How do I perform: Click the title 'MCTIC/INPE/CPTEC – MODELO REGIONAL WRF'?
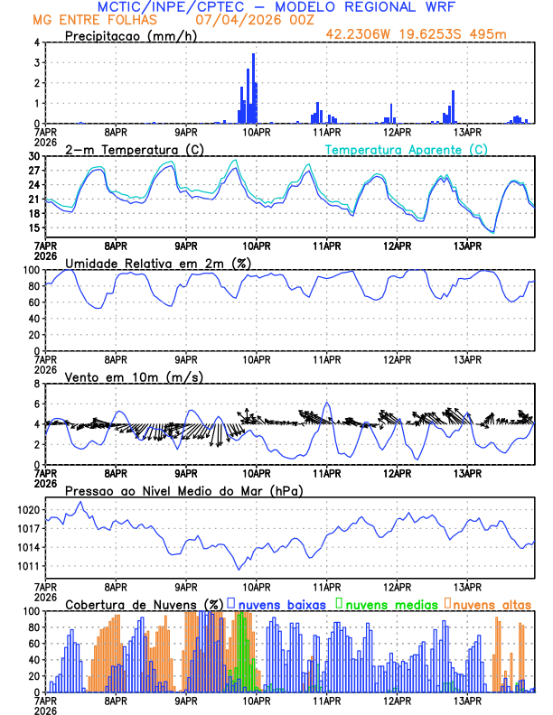(x=276, y=7)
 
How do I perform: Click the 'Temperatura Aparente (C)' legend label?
(x=407, y=149)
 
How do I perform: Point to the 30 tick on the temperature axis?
(x=33, y=156)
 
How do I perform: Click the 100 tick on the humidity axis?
(x=30, y=270)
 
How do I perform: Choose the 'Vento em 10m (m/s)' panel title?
(x=134, y=376)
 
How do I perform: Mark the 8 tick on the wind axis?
(x=35, y=384)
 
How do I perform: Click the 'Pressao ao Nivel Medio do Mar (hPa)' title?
(x=184, y=490)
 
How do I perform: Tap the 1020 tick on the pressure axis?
(x=27, y=510)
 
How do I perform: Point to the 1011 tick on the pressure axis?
(x=27, y=566)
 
